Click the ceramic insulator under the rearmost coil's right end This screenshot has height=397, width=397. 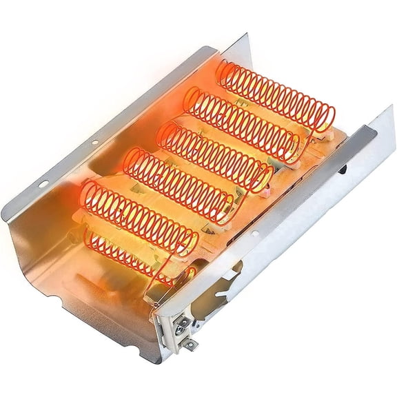click(x=317, y=138)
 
